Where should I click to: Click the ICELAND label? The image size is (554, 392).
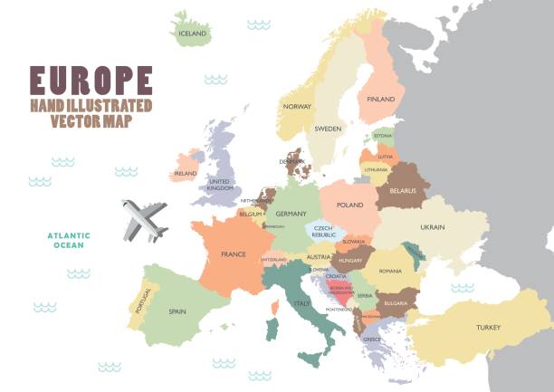coord(193,33)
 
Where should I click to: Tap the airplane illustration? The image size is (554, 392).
coord(145,219)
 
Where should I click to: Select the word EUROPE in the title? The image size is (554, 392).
coord(91,80)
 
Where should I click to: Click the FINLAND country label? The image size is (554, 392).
coord(381,99)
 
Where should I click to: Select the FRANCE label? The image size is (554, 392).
coord(234,254)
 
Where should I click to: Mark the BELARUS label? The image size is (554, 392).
coord(402,190)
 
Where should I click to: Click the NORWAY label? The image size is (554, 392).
coord(297,106)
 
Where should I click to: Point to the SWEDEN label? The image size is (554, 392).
coord(328,129)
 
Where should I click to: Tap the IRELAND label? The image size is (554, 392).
coord(186,173)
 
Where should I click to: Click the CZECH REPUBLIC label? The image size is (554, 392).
coord(324,231)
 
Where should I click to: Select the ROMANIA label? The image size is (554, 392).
coord(390,271)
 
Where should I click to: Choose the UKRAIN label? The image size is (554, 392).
coord(432,226)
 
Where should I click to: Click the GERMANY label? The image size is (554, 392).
coord(291,213)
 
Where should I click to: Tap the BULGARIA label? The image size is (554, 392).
coord(396,303)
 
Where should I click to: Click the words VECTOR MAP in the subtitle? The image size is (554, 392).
coord(91,121)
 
